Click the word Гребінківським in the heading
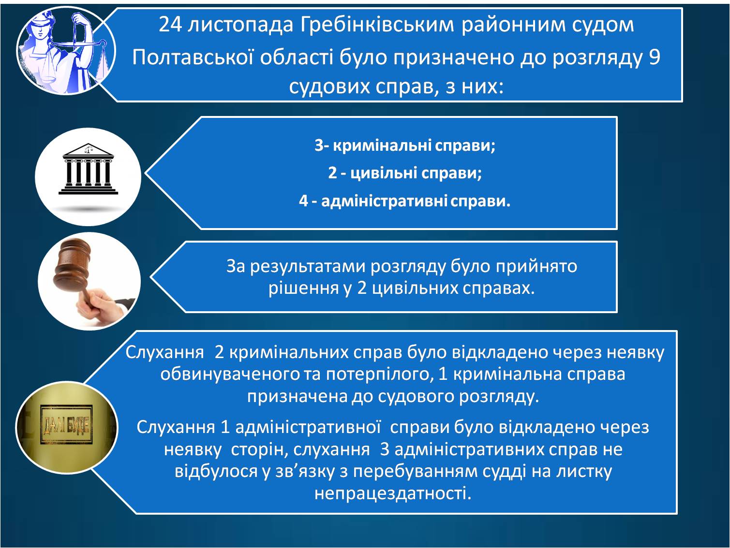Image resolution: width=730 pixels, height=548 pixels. pos(377,25)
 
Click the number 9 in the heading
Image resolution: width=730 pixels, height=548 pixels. pos(654,57)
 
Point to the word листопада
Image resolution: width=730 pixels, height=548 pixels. pos(240,26)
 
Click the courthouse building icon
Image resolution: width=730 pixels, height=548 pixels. pos(88,169)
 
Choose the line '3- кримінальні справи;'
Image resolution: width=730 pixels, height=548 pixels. pos(405,145)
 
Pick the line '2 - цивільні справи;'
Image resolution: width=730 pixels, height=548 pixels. pos(405,173)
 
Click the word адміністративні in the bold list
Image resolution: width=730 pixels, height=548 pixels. pos(384,201)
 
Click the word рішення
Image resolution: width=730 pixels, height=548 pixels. pos(303,288)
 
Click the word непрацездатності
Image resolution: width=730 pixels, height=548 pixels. pos(393,493)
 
